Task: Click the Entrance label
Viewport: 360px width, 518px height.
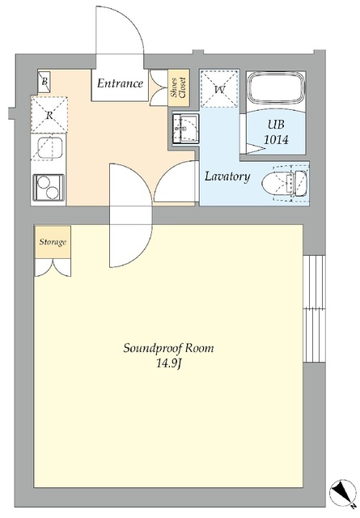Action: point(120,83)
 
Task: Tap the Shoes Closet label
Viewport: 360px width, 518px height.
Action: point(178,87)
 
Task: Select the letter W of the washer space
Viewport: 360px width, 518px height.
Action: point(219,89)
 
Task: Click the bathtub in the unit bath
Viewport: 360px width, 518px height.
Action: point(276,88)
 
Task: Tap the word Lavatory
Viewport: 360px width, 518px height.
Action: point(227,176)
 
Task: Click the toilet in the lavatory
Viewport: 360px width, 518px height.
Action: point(285,183)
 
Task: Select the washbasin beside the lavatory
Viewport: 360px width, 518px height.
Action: point(185,129)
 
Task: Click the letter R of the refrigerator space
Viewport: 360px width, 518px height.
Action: point(49,115)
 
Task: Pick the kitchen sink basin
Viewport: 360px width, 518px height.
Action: point(49,147)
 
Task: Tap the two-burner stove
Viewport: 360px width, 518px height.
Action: point(49,187)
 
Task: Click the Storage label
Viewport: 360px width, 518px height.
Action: point(53,242)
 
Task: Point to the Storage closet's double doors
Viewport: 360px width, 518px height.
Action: point(53,268)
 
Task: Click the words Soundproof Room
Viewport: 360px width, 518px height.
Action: point(168,349)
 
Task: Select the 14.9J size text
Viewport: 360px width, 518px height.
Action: point(168,364)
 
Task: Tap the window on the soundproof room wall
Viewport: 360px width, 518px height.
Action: point(314,308)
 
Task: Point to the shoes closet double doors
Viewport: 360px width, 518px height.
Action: point(159,88)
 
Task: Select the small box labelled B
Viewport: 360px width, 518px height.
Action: point(44,81)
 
